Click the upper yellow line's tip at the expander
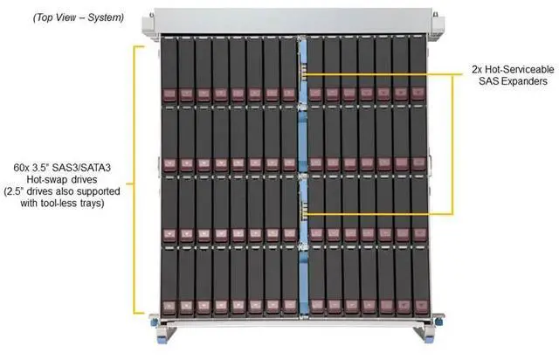[x=307, y=74]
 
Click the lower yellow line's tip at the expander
[x=307, y=214]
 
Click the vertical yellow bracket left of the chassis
[x=135, y=179]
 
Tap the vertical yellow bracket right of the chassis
[x=453, y=144]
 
